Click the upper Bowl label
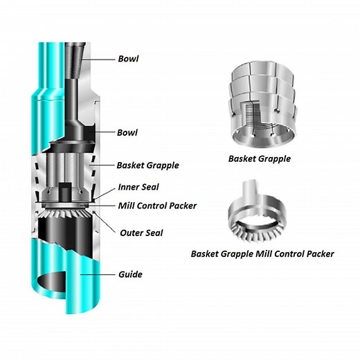point(128,59)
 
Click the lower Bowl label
point(127,133)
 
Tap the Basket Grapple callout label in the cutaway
point(147,165)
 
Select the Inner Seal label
point(138,187)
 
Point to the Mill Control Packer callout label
point(157,206)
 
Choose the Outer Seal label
point(141,233)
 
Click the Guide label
point(130,274)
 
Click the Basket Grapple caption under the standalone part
point(260,159)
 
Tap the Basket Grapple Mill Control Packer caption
point(262,254)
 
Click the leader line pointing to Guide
point(98,275)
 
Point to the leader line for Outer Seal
point(105,222)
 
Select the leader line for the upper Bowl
point(99,60)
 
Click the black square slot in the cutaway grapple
point(64,192)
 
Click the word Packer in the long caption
point(321,254)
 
